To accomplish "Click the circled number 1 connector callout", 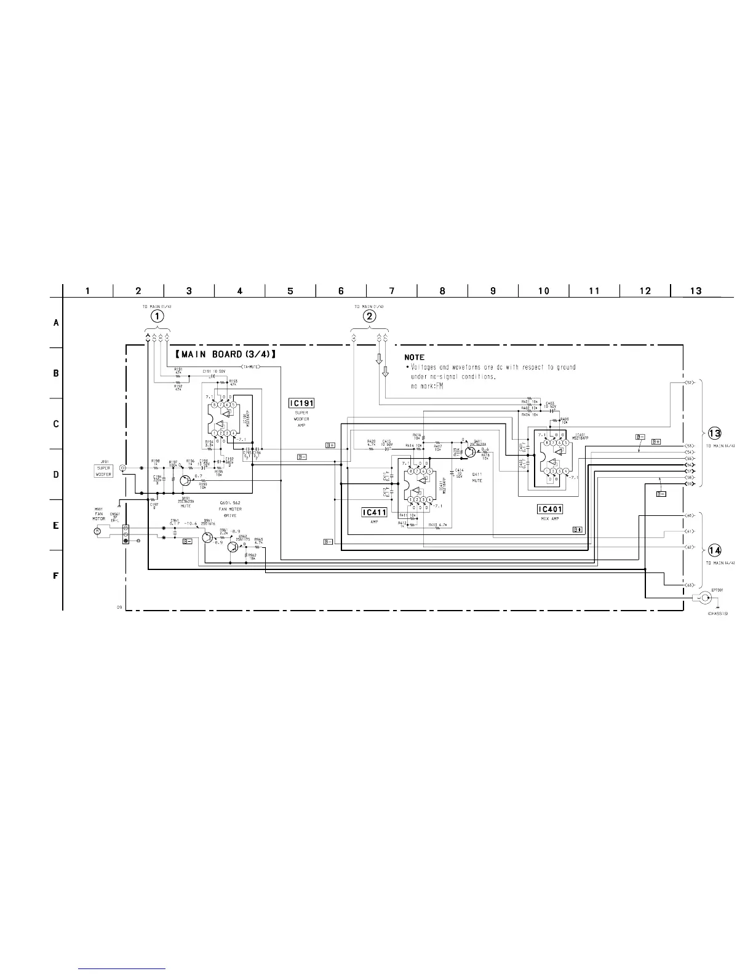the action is click(x=158, y=316).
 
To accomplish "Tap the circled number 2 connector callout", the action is click(x=369, y=316).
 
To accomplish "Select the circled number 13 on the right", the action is click(x=714, y=432).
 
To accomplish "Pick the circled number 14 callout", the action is click(x=714, y=550).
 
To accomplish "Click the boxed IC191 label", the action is click(x=301, y=403).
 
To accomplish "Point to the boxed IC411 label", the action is click(x=374, y=512).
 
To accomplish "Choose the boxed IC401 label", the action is click(x=549, y=509).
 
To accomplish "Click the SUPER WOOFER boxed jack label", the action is click(x=103, y=472).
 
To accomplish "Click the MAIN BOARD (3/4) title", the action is click(x=224, y=355).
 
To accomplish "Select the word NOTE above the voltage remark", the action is click(x=414, y=357).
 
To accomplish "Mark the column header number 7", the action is click(x=391, y=291).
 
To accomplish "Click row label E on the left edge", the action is click(x=56, y=526).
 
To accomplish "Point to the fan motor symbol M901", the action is click(x=97, y=530).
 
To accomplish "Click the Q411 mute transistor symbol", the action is click(x=471, y=451).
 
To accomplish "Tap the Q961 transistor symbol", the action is click(x=207, y=537).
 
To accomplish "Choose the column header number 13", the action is click(x=695, y=291).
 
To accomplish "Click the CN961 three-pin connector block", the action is click(x=125, y=534).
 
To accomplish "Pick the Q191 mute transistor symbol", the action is click(x=186, y=480).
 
